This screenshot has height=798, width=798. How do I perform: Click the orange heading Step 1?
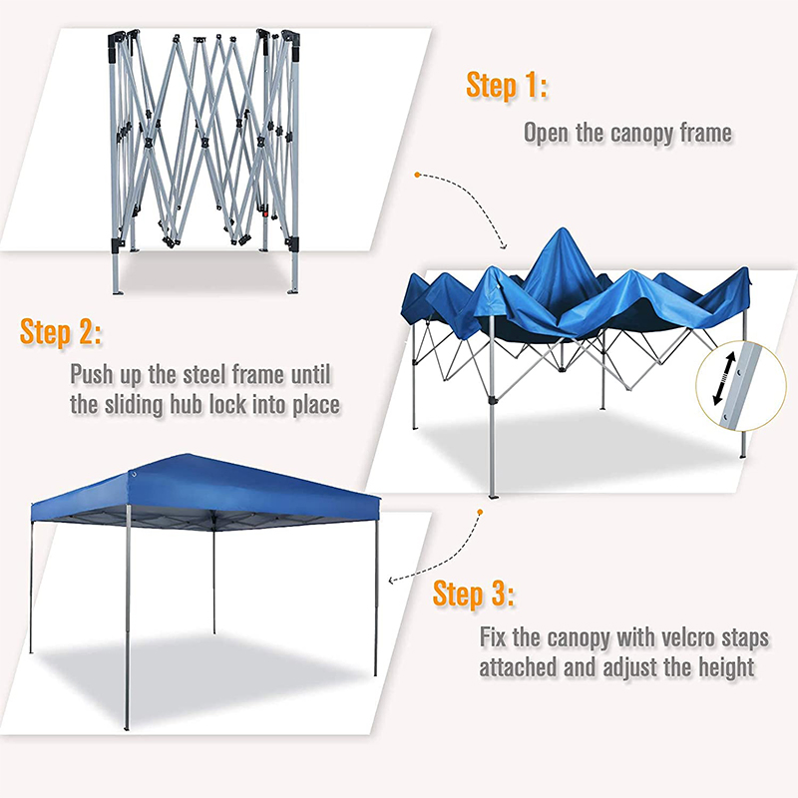507,86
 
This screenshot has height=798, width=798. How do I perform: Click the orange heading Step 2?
61,332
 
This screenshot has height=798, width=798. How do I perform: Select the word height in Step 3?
721,667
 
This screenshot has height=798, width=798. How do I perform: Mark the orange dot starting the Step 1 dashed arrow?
417,176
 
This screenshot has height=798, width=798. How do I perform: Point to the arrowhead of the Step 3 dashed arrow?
392,580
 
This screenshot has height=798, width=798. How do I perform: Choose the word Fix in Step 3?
498,636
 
